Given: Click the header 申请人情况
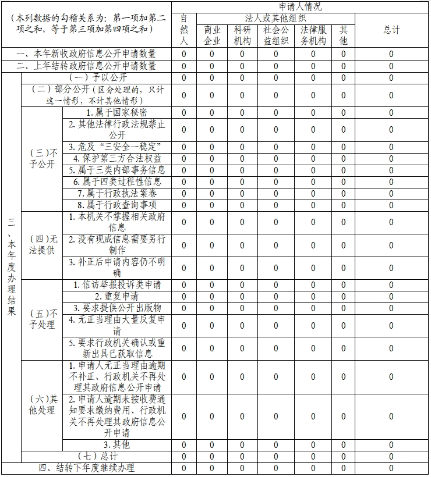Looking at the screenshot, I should tap(300, 7).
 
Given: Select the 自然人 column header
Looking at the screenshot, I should tap(184, 30).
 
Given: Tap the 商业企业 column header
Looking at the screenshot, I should tap(212, 35).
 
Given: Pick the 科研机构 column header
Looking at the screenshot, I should tap(242, 35).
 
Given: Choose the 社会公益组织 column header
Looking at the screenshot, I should tap(275, 35).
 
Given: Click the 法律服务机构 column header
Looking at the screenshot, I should tap(313, 35).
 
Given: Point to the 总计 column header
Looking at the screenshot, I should tap(391, 30).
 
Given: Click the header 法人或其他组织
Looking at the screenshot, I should tap(275, 19).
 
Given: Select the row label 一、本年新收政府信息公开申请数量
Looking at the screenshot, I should tap(86, 54).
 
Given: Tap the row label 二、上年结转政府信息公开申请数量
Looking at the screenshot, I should tap(86, 66).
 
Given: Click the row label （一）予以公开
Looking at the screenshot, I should tap(97, 77).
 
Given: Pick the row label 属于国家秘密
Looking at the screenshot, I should tap(116, 112).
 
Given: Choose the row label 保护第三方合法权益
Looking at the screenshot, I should tap(117, 158).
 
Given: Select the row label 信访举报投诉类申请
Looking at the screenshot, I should tap(117, 285).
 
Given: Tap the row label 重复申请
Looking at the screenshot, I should tap(117, 296).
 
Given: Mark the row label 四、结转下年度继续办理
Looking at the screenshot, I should tap(86, 468).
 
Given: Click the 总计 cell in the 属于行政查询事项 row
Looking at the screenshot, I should tap(391, 205).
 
